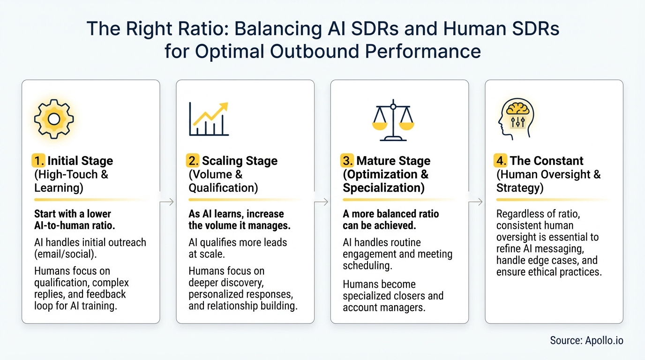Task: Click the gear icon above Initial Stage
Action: pyautogui.click(x=54, y=119)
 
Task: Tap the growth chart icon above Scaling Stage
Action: pyautogui.click(x=209, y=119)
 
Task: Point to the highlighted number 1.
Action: pyautogui.click(x=38, y=161)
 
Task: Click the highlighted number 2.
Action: pyautogui.click(x=193, y=161)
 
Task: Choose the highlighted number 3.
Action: pyautogui.click(x=347, y=161)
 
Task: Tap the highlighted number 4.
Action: pyautogui.click(x=501, y=161)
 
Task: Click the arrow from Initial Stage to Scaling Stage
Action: pyautogui.click(x=168, y=202)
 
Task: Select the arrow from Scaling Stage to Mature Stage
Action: pyautogui.click(x=322, y=202)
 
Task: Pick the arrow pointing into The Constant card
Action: pyautogui.click(x=476, y=202)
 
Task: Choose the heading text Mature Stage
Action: pyautogui.click(x=393, y=161)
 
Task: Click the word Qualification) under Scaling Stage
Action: pyautogui.click(x=223, y=187)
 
